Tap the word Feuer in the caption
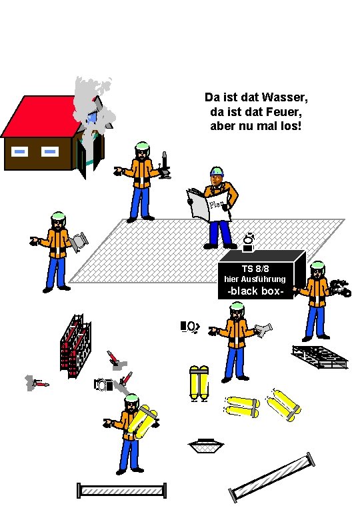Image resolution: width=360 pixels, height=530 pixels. point(283,111)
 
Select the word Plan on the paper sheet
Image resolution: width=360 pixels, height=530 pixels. point(216,205)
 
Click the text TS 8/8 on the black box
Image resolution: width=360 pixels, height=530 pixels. point(255,269)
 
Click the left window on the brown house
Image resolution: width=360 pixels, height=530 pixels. point(19,152)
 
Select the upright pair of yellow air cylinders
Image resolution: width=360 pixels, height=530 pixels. point(199,383)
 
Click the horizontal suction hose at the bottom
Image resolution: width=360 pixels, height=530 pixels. point(122,491)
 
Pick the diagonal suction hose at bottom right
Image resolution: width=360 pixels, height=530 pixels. point(272,477)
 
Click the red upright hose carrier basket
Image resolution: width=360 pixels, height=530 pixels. point(76,346)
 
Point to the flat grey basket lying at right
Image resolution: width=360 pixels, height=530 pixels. point(320,357)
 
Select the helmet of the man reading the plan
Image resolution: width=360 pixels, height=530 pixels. point(217,171)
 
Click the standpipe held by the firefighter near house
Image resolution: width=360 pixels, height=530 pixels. point(165,165)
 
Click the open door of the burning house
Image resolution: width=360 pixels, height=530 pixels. point(82,158)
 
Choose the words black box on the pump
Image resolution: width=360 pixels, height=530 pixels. point(255,291)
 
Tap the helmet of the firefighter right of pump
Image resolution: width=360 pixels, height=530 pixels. point(317,266)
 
